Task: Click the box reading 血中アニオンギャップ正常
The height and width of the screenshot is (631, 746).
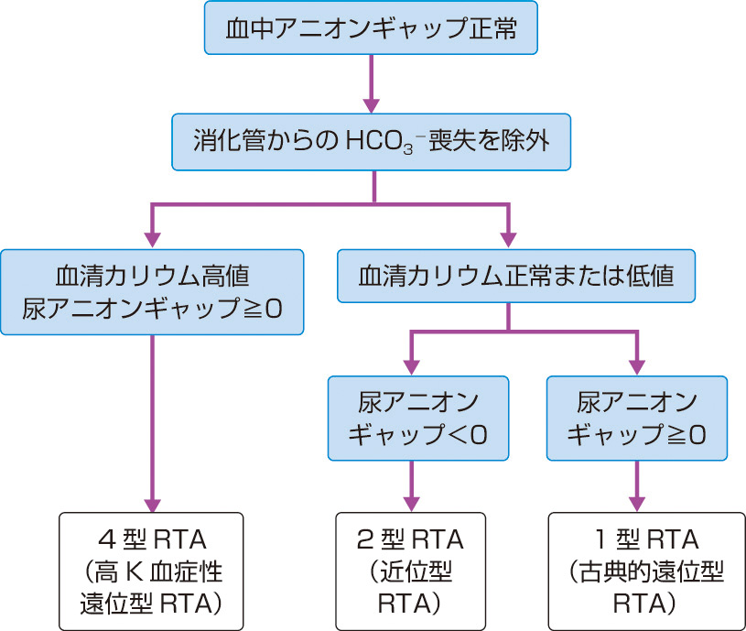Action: click(371, 28)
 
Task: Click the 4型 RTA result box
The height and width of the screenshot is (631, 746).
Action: click(152, 570)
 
